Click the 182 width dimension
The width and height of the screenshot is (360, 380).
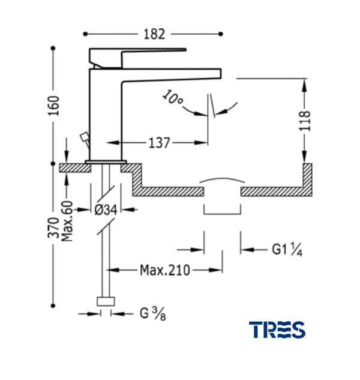pos(154,34)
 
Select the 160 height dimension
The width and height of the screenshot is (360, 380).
pos(54,106)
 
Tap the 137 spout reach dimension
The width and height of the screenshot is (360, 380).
pos(158,143)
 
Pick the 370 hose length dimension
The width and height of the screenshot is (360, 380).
pos(54,229)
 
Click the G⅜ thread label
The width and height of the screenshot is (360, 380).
pos(151,313)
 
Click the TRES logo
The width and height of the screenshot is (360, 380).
pos(277,329)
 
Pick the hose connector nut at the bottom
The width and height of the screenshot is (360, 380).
pos(106,302)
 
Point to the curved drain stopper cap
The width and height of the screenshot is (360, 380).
pos(222,179)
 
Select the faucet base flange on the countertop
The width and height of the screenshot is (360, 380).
pos(106,162)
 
